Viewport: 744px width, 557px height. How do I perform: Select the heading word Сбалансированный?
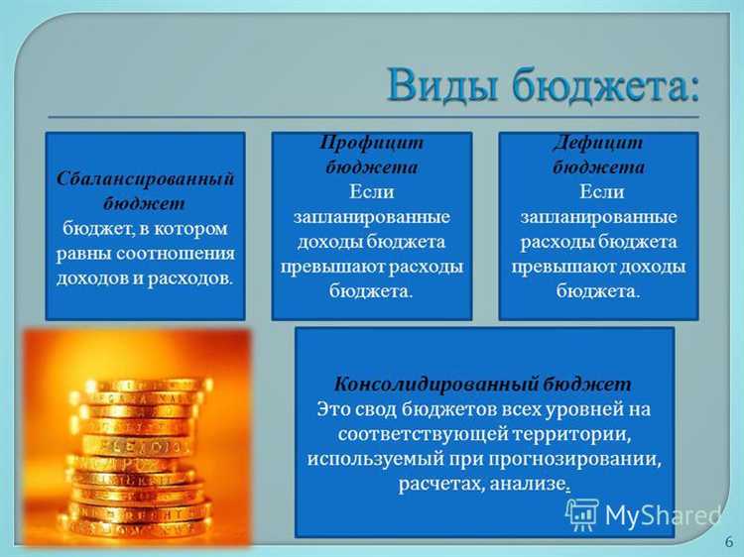[x=145, y=180]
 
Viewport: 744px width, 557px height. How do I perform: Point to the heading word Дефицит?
[x=598, y=143]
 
